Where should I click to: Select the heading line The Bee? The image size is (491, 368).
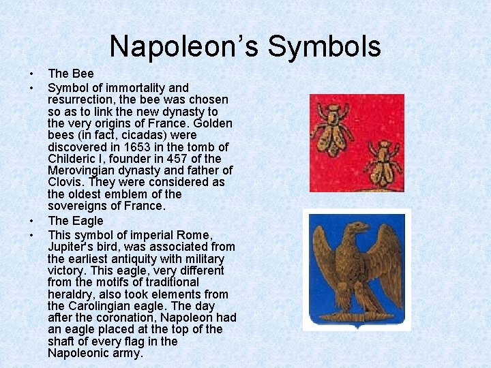71,73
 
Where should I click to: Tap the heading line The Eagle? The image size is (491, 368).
75,221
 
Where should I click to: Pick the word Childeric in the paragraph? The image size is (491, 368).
73,159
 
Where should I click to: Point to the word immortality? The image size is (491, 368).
132,87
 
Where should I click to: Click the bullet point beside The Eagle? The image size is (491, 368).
32,221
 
